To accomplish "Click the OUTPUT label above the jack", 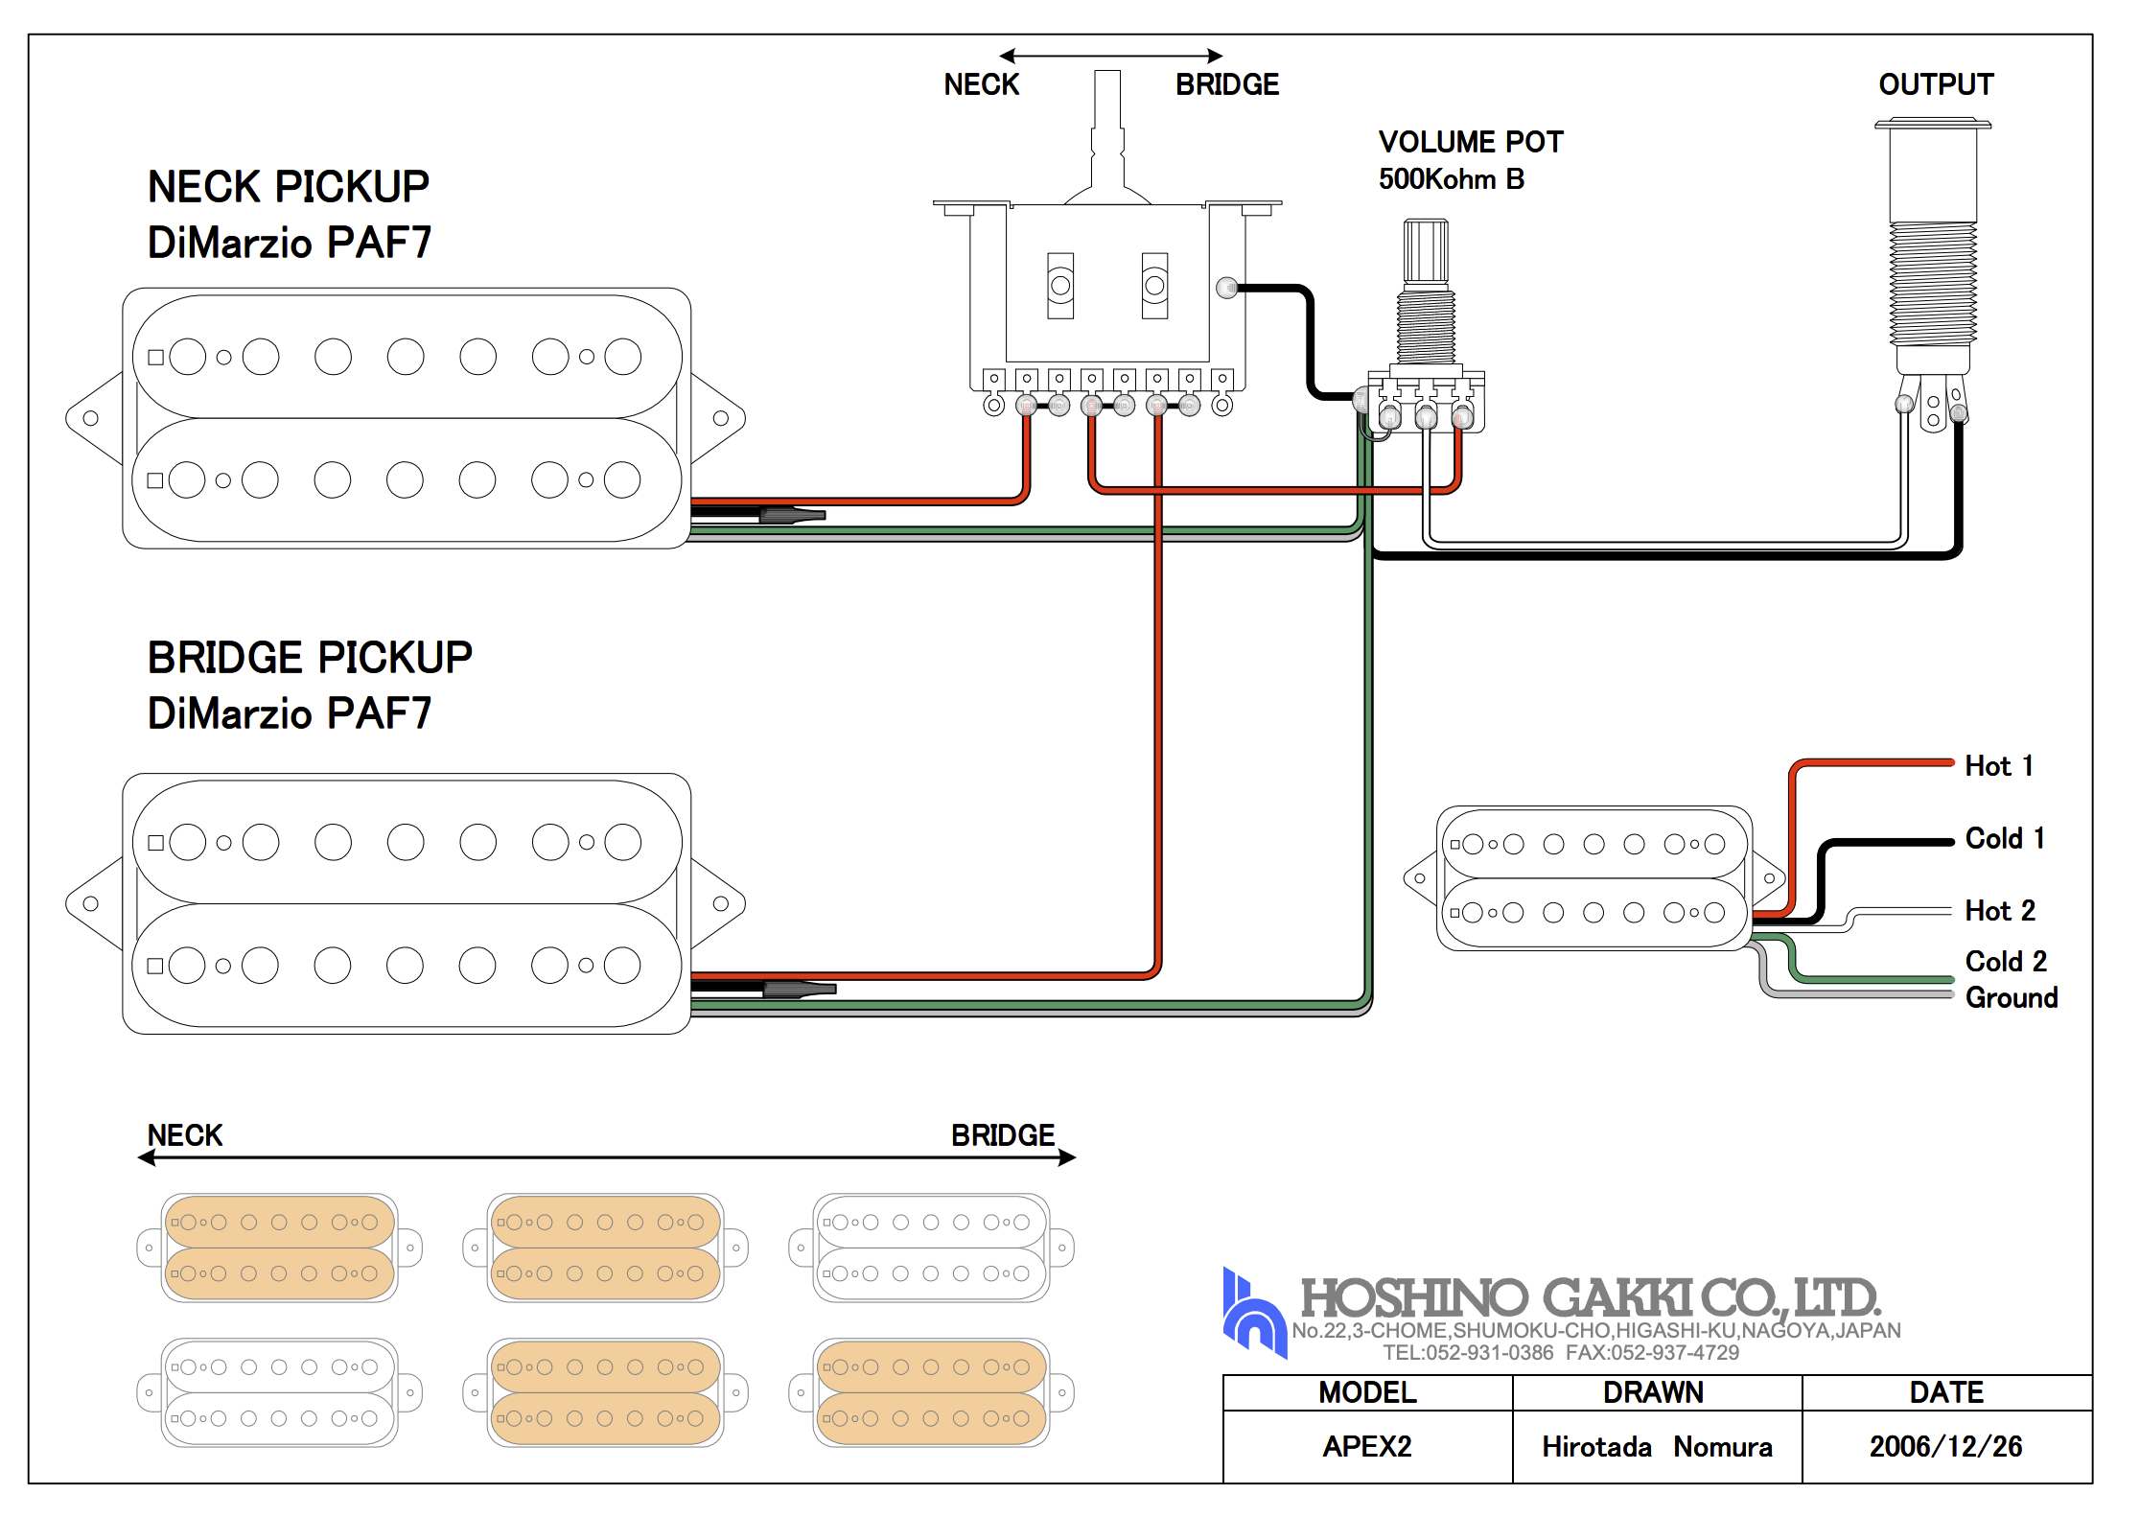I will click(x=1935, y=84).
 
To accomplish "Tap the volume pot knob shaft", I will click(x=1426, y=251).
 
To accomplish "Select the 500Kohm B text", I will click(x=1451, y=179).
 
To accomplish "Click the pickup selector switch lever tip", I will click(x=1107, y=81).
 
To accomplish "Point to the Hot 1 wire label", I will click(x=1999, y=766).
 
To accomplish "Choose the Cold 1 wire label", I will click(x=2004, y=838).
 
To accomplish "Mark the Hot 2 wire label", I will click(x=1999, y=910).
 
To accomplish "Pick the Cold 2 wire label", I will click(x=2005, y=961).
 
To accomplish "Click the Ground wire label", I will click(x=2011, y=997).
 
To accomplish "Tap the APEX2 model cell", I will click(x=1367, y=1446).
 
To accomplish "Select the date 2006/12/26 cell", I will click(x=1945, y=1446).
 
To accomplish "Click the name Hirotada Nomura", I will click(x=1656, y=1446).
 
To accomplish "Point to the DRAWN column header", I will click(x=1653, y=1392).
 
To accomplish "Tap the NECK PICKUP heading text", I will click(x=288, y=187).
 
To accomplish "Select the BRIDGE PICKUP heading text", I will click(x=309, y=658).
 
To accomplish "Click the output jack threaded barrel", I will click(x=1932, y=283).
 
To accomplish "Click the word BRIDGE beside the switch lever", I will click(x=1226, y=84).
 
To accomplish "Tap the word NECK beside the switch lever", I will click(x=981, y=84).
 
